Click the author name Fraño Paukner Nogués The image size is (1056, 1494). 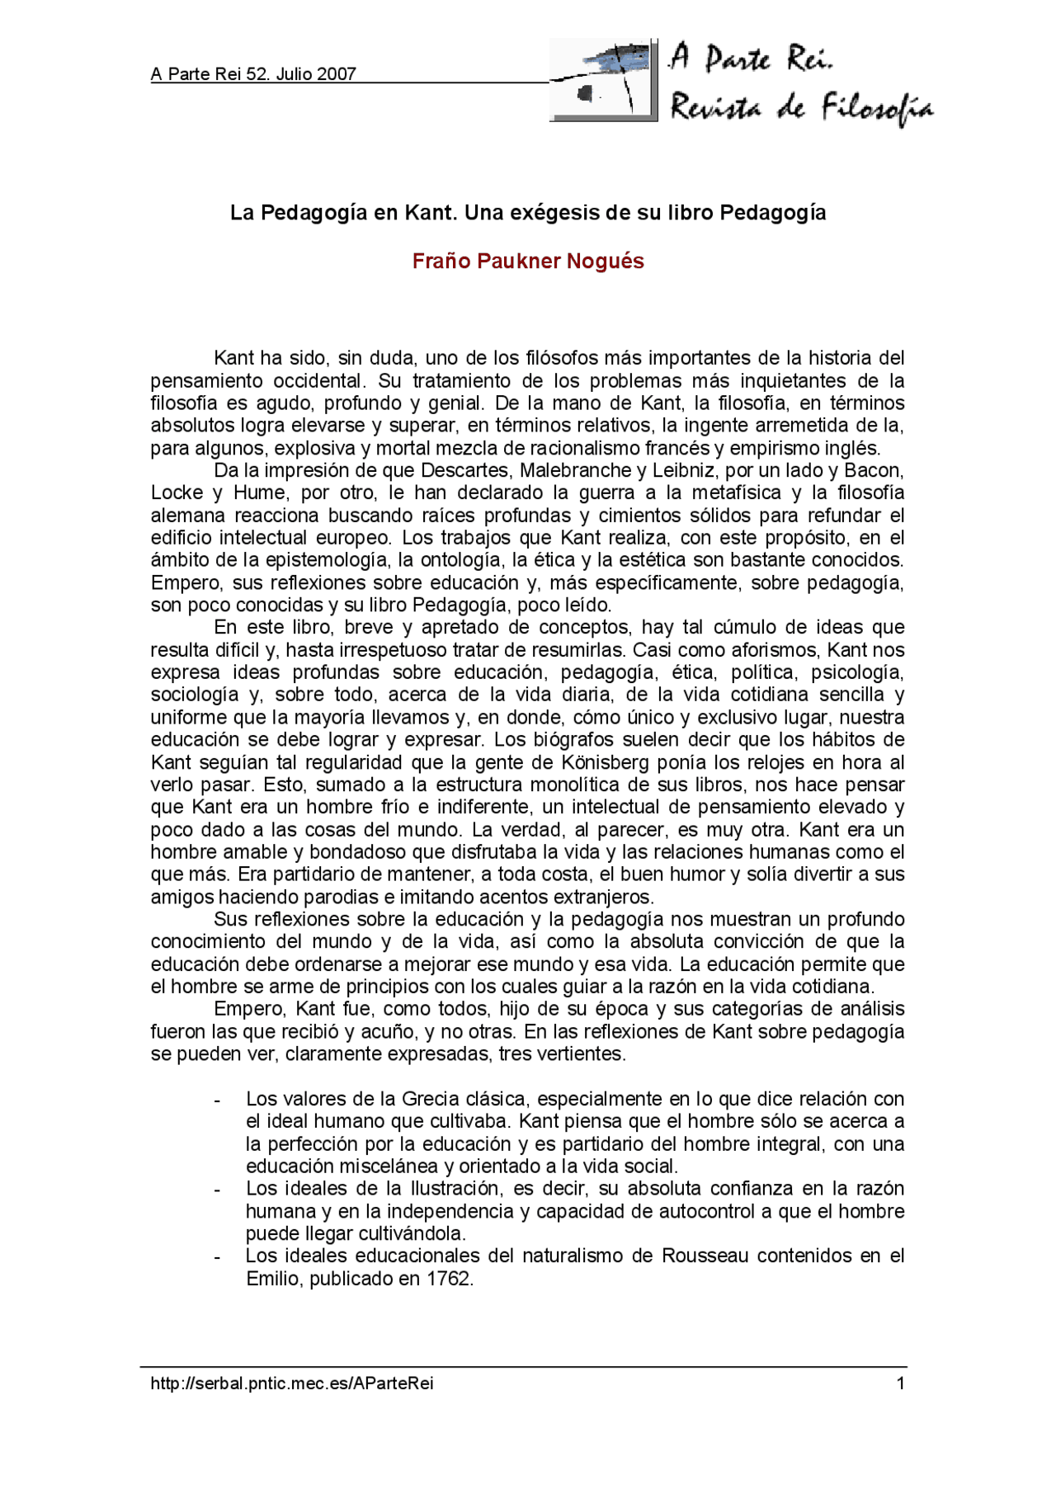(x=528, y=262)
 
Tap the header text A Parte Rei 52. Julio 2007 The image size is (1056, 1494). (x=253, y=74)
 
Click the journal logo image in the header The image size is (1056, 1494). (x=603, y=81)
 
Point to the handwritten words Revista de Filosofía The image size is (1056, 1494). (x=800, y=108)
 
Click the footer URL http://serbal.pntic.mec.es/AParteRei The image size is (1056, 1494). (x=292, y=1383)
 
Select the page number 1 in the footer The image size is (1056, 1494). (x=901, y=1383)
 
